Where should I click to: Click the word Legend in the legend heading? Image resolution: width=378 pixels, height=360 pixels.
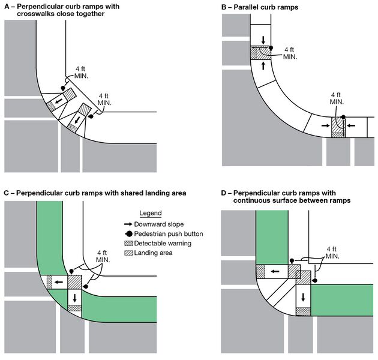pyautogui.click(x=151, y=213)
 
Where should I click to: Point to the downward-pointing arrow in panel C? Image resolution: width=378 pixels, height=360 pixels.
pyautogui.click(x=74, y=297)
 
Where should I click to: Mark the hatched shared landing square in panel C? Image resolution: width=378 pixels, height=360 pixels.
pyautogui.click(x=74, y=281)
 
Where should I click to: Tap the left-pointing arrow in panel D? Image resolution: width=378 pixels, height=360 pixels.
pyautogui.click(x=274, y=271)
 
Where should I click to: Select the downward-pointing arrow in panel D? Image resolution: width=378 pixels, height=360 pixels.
pyautogui.click(x=303, y=296)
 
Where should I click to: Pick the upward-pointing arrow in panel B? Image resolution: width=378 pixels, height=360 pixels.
pyautogui.click(x=262, y=65)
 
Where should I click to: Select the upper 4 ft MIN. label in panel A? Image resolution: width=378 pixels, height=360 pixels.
pyautogui.click(x=82, y=73)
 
